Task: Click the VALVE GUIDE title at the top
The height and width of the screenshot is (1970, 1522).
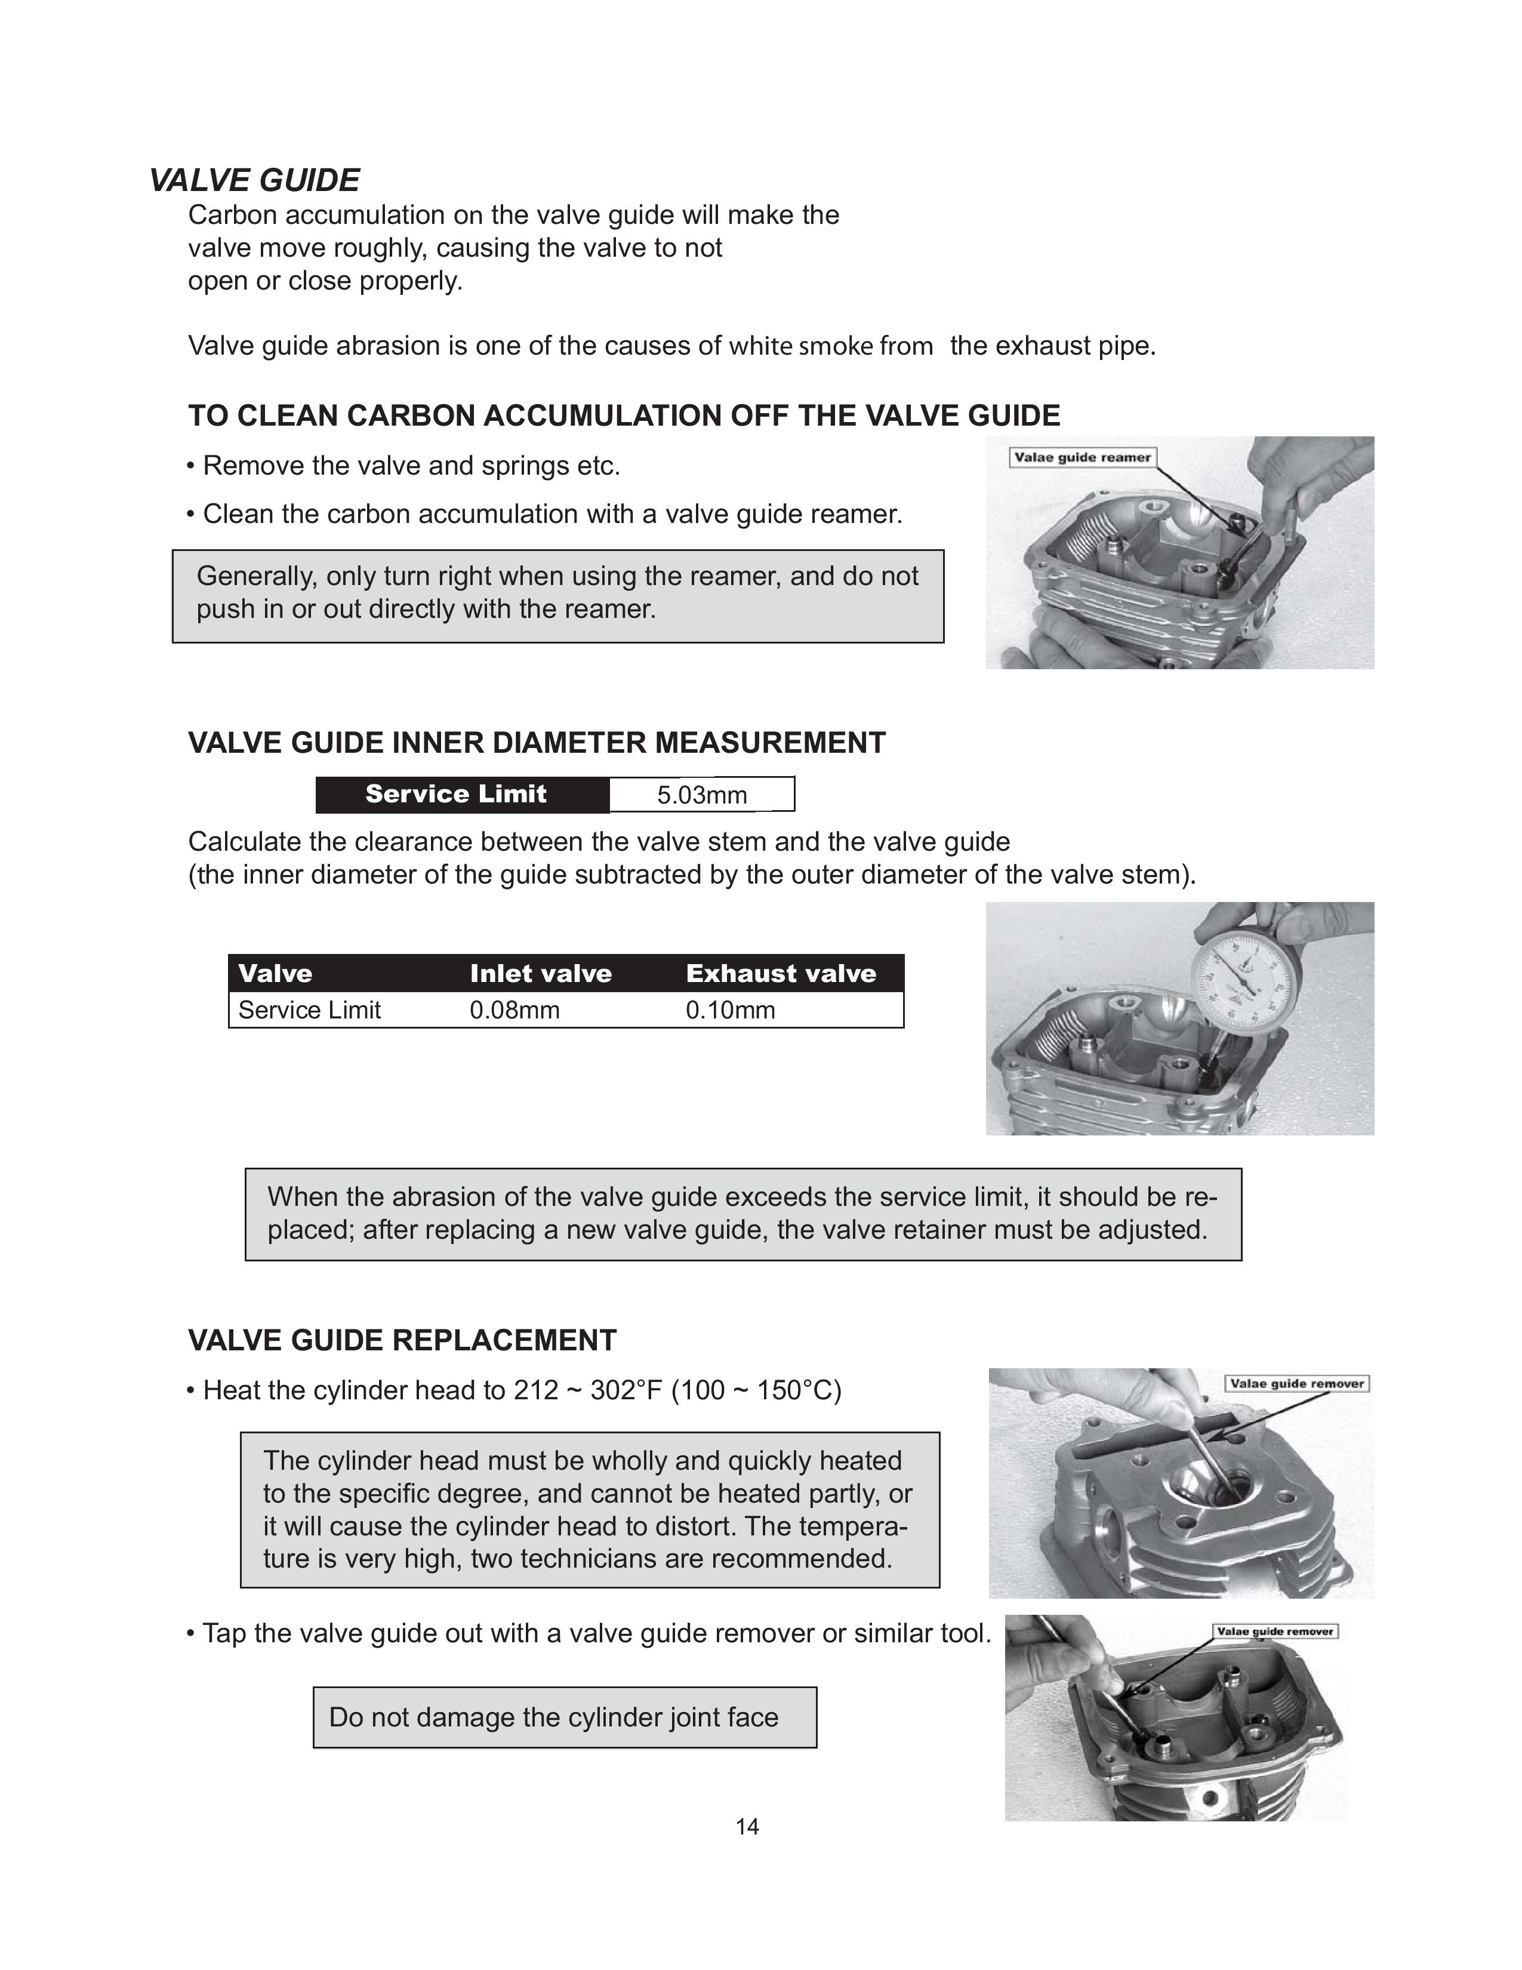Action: point(254,180)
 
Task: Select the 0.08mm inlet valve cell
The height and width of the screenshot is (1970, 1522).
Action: point(514,1010)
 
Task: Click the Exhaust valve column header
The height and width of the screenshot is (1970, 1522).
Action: point(781,973)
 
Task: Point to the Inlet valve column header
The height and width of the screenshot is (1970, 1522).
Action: point(540,973)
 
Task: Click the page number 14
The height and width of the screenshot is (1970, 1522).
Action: point(747,1827)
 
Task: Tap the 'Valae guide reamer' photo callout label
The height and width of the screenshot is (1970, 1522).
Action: point(1082,457)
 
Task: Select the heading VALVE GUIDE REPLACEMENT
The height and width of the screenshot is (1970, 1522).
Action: point(402,1340)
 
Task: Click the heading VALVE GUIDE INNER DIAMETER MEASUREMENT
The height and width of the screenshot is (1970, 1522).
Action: point(537,743)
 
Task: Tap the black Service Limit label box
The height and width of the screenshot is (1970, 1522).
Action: point(456,795)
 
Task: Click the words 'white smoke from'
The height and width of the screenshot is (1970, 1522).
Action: point(830,346)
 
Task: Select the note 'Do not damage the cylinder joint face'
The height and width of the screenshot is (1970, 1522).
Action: point(554,1717)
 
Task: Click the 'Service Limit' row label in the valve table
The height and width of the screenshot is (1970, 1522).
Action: point(309,1010)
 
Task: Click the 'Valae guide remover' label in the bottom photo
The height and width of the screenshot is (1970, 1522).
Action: point(1274,1631)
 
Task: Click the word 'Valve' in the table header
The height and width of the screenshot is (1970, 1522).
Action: point(275,973)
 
